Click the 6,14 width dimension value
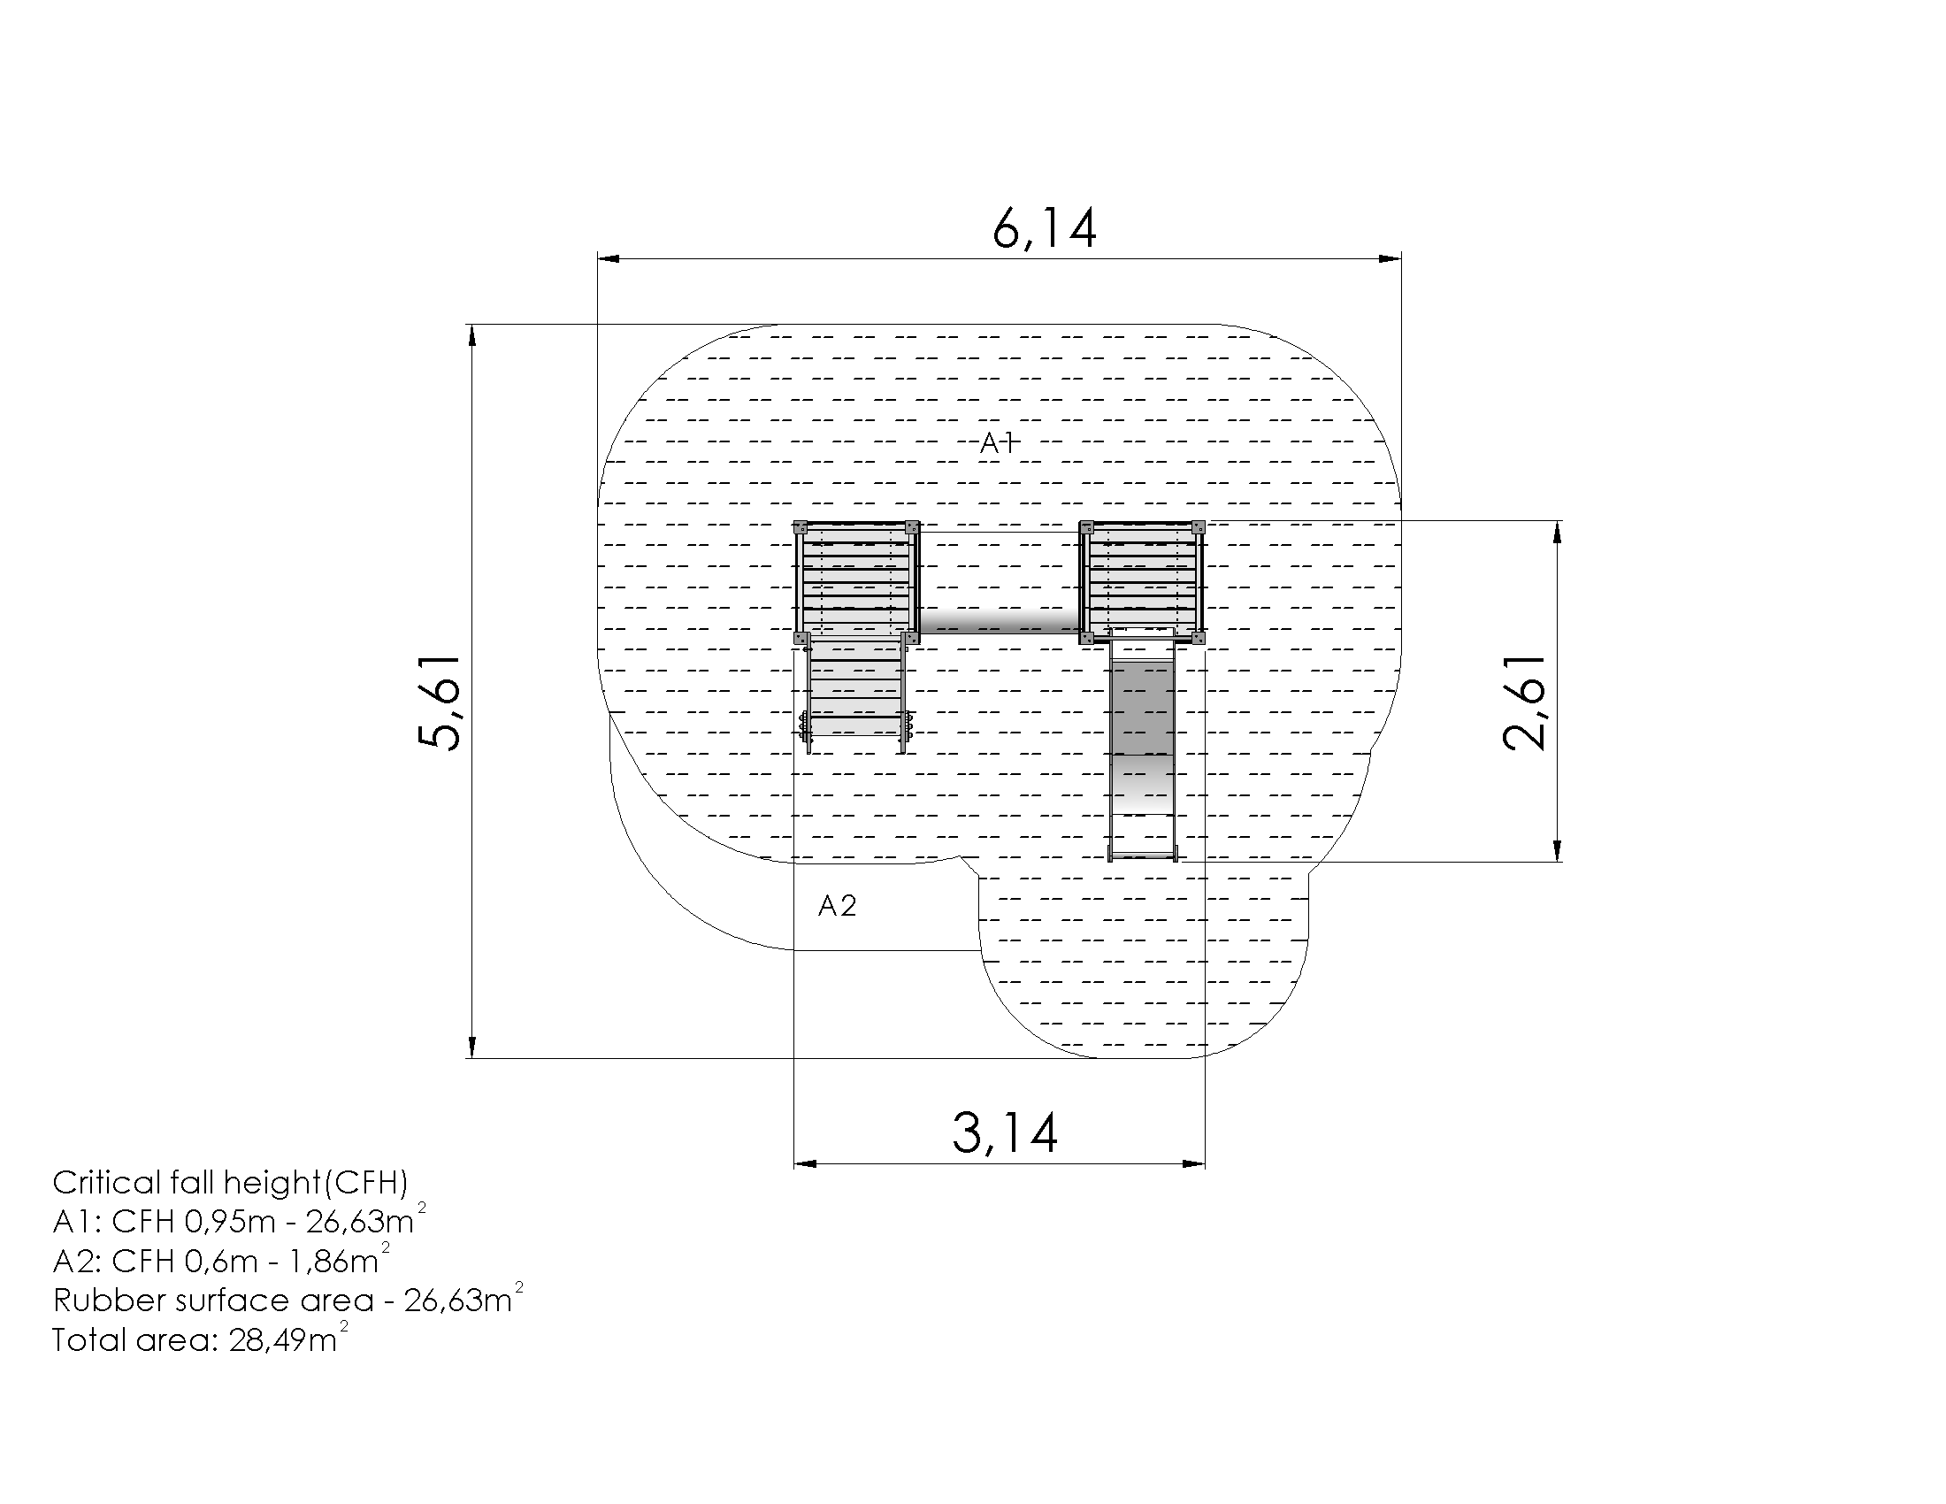[1044, 229]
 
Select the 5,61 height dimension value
[441, 703]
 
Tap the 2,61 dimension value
[1525, 703]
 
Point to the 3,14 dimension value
[1005, 1132]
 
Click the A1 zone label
[997, 443]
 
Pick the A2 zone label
[838, 906]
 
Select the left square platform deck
[856, 580]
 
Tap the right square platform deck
[1142, 580]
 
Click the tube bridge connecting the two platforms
[999, 621]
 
